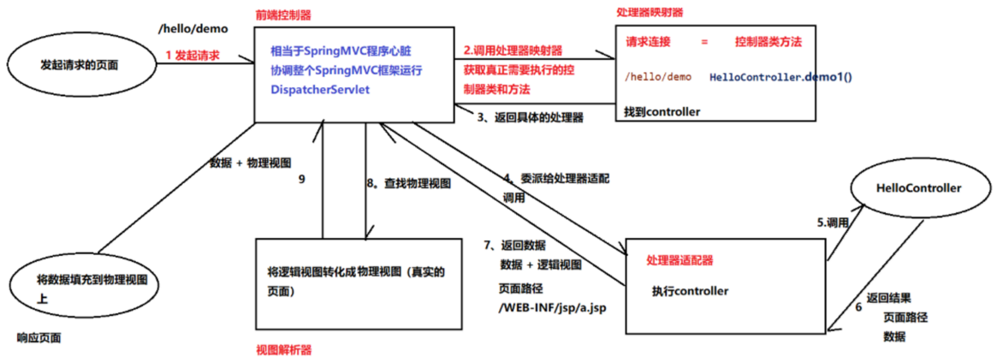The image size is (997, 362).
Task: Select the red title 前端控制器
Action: coord(283,15)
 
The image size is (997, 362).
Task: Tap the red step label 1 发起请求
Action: coord(193,55)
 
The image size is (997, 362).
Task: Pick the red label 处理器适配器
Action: coord(680,260)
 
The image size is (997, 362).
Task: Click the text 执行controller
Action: coord(689,291)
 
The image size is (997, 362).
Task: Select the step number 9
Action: coord(301,180)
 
